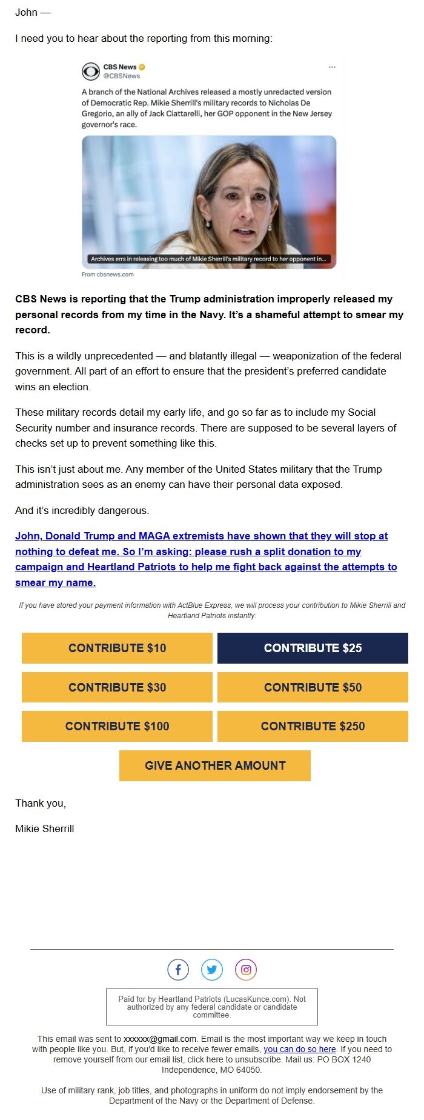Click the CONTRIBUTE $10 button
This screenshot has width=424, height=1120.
coord(117,648)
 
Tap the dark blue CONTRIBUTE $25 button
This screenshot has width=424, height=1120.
coord(313,648)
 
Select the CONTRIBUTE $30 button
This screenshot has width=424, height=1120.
coord(117,687)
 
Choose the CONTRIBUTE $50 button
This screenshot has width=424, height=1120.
coord(313,687)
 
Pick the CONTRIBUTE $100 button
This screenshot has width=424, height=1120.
coord(117,726)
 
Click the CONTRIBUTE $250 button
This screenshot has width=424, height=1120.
coord(313,726)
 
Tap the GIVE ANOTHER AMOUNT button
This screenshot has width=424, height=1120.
coord(215,765)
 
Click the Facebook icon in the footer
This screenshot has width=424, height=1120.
coord(178,970)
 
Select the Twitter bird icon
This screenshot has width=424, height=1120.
coord(212,970)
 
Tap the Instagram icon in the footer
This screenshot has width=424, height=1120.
coord(246,970)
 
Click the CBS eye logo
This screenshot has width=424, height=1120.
coord(91,72)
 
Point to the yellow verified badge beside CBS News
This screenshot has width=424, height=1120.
coord(142,67)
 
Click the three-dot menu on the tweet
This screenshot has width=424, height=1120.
coord(332,67)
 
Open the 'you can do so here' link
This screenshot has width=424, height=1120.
coord(300,1049)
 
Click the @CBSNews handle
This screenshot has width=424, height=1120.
coord(122,76)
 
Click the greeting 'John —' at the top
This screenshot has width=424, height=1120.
coord(33,13)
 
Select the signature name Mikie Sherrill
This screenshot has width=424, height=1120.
coord(45,828)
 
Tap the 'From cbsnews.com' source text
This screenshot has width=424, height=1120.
coord(108,275)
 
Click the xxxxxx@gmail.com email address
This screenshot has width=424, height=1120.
coord(160,1039)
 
